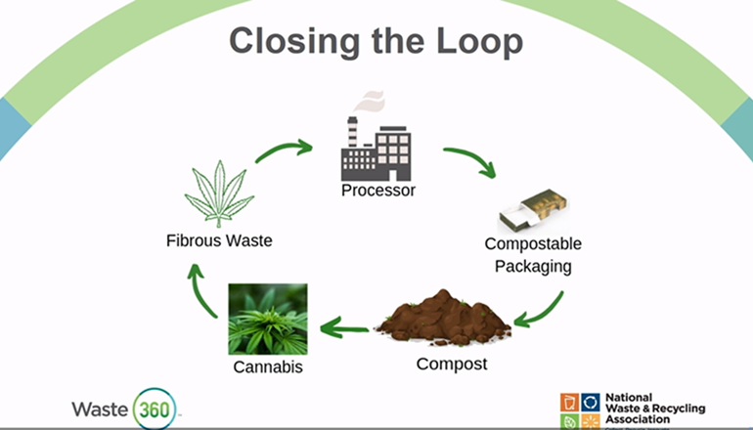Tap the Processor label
pos(378,191)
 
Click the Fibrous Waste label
pos(219,240)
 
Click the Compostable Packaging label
pos(533,253)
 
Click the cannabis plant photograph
pos(267,319)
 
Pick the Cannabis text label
pos(267,368)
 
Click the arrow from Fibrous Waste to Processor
pos(284,150)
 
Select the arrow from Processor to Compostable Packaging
pos(468,160)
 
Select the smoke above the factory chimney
pos(370,101)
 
